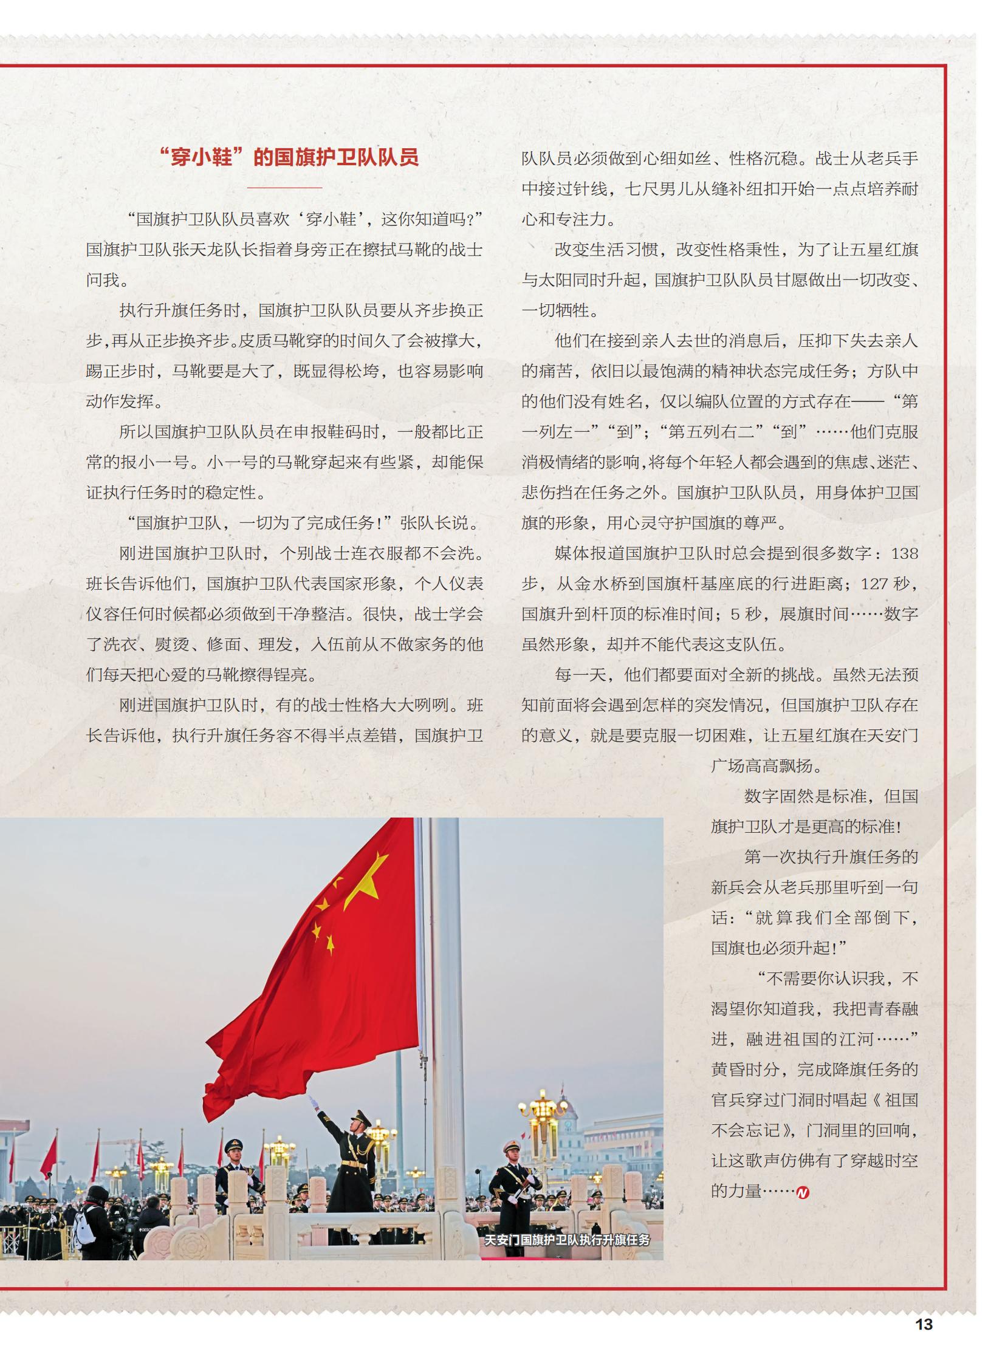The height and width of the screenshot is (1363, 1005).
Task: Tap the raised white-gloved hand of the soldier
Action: coord(313,1101)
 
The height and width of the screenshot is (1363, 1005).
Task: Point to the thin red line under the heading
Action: coord(284,188)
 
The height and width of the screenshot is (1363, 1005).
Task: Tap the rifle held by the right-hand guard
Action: coord(518,1192)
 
